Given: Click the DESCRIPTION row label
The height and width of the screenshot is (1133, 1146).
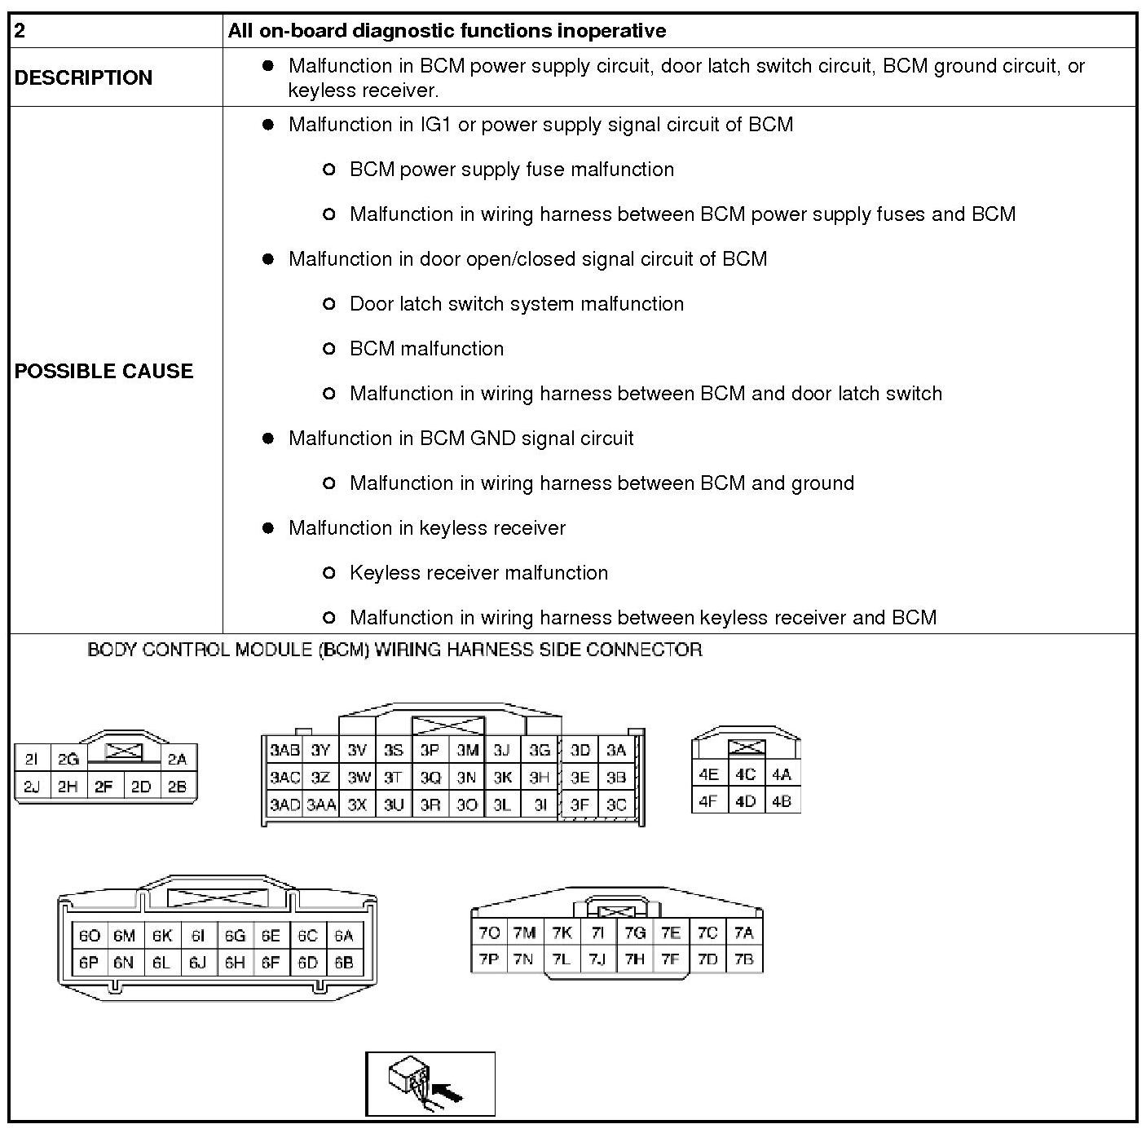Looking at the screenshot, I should click(x=83, y=77).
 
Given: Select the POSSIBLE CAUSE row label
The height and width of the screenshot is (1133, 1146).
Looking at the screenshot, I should click(x=104, y=371).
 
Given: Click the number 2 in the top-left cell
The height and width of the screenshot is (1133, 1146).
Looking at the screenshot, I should click(x=20, y=31).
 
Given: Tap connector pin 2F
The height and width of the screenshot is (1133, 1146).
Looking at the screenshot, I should click(x=104, y=787).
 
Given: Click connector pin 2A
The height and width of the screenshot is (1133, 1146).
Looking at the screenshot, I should click(x=177, y=760).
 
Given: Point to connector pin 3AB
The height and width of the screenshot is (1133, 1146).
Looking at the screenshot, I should click(x=284, y=751).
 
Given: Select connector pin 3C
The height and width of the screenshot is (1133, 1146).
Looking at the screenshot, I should click(x=616, y=805).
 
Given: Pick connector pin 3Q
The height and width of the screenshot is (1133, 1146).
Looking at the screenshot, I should click(x=430, y=778).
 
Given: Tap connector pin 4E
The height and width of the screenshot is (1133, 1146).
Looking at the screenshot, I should click(x=708, y=774).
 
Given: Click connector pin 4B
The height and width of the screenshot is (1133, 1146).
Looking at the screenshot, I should click(x=781, y=801).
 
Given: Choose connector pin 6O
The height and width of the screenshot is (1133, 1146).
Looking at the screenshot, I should click(x=89, y=936).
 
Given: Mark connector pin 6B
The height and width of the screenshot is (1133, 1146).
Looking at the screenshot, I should click(x=344, y=963).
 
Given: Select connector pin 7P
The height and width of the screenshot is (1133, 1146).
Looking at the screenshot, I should click(x=489, y=959).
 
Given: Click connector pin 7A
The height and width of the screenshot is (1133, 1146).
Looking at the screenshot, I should click(x=743, y=932).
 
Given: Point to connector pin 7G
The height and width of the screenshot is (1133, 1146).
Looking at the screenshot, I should click(x=634, y=932).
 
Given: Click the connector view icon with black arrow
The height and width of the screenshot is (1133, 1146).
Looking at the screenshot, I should click(x=430, y=1084).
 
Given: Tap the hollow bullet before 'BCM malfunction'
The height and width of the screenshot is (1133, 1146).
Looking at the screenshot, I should click(x=329, y=349).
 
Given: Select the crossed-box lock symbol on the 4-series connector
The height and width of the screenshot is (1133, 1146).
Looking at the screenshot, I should click(x=745, y=747).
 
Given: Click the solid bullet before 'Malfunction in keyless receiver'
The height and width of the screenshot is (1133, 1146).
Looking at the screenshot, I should click(x=267, y=528).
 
